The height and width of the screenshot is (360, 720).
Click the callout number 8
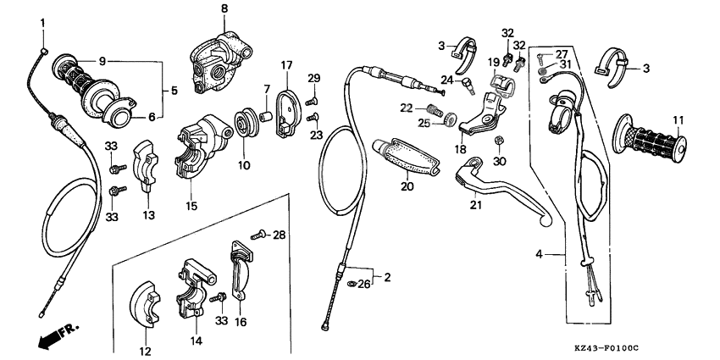pyautogui.click(x=224, y=8)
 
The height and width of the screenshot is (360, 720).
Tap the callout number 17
pyautogui.click(x=286, y=65)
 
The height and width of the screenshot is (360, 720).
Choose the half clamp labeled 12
pyautogui.click(x=144, y=303)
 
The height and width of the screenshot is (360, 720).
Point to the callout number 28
pyautogui.click(x=280, y=234)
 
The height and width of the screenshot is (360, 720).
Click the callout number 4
pyautogui.click(x=539, y=253)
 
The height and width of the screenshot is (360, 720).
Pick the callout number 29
pyautogui.click(x=313, y=79)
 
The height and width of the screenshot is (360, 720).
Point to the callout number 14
pyautogui.click(x=197, y=341)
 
